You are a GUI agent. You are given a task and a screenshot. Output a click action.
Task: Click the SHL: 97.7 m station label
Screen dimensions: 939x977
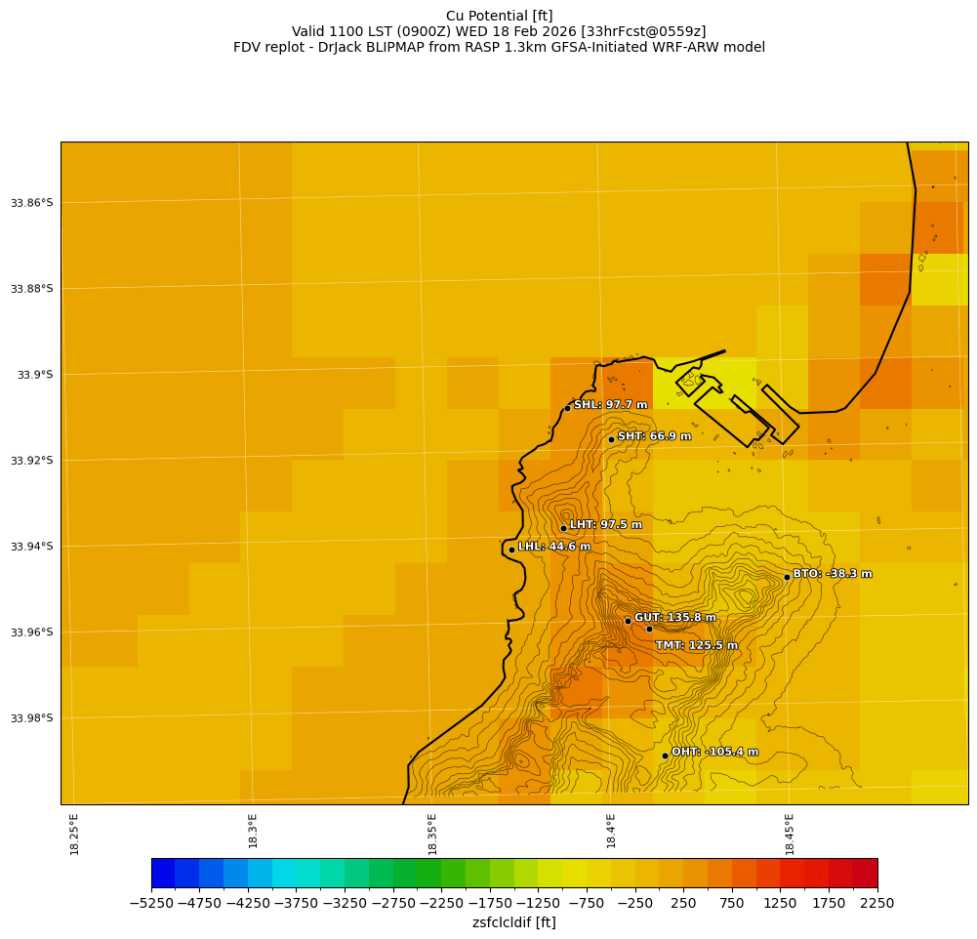tap(610, 405)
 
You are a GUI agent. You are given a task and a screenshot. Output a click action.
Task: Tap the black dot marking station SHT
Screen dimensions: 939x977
tap(611, 439)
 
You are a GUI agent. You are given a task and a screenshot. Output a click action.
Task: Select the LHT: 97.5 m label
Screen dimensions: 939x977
tap(605, 525)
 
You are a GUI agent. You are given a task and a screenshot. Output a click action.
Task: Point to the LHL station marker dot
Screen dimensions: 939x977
tap(511, 550)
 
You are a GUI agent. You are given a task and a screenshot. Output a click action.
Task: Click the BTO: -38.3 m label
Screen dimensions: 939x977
tap(832, 574)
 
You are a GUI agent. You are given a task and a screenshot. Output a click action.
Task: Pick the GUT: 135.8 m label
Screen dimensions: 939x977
tap(674, 618)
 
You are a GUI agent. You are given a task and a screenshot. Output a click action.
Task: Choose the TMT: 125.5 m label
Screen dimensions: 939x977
tap(696, 645)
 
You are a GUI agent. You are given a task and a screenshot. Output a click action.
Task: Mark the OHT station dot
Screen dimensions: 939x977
tap(665, 755)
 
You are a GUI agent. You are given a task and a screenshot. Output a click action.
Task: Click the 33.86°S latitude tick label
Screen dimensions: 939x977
tap(31, 203)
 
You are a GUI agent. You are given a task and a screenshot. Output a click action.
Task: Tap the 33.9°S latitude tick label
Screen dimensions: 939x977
tap(35, 375)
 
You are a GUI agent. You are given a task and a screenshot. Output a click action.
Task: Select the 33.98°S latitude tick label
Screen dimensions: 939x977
tap(31, 718)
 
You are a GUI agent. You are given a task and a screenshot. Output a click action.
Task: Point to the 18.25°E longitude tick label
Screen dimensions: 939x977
tap(75, 834)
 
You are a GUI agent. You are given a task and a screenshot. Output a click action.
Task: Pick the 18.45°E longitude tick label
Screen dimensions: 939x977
tap(790, 834)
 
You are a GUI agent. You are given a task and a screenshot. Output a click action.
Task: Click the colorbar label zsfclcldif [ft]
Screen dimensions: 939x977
tap(513, 922)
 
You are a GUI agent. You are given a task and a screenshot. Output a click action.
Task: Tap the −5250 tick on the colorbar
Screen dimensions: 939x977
tap(152, 904)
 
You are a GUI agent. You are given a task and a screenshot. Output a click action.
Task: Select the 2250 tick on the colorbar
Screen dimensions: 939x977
tap(876, 904)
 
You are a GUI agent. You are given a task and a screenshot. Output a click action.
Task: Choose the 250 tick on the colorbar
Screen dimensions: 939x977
tap(683, 904)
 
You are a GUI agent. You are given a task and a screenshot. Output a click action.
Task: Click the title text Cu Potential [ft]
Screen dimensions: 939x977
tap(499, 16)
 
